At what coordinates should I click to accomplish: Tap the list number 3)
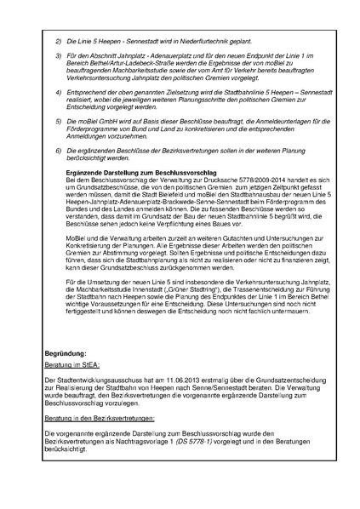[59, 57]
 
